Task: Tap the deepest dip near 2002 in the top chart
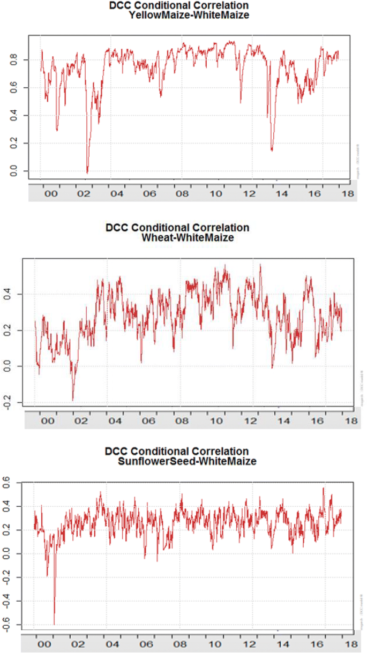tap(87, 172)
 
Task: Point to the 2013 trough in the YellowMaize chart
tap(272, 150)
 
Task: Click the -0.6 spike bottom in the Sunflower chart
tap(54, 624)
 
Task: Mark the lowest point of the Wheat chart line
tap(73, 400)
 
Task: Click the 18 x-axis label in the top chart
tap(349, 195)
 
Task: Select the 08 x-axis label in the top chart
tap(182, 195)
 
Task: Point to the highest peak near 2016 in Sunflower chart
tap(323, 488)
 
